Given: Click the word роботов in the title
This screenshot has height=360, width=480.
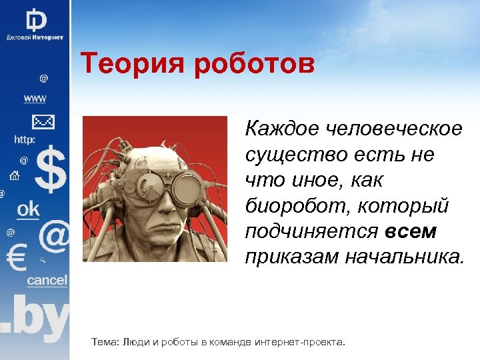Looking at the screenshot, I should click(255, 66).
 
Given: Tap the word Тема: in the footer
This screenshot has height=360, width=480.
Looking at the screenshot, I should click(105, 342).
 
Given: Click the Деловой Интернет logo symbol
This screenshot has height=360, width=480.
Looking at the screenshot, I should click(35, 18).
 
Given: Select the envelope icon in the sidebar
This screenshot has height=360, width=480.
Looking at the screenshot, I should click(43, 121).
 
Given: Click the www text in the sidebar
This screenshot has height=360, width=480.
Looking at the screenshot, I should click(35, 98).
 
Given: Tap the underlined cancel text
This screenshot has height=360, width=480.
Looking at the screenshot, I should click(47, 281).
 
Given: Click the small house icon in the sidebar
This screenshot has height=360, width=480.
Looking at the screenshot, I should click(14, 176).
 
